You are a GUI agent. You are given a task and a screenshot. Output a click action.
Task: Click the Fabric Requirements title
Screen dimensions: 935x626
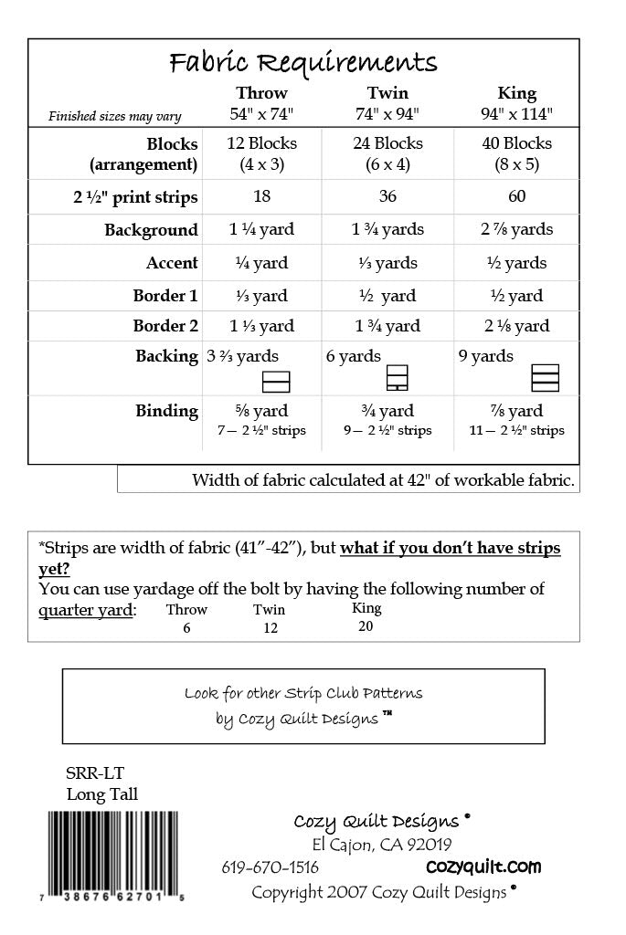pyautogui.click(x=303, y=63)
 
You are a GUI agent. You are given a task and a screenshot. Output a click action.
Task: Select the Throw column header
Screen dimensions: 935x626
pyautogui.click(x=261, y=93)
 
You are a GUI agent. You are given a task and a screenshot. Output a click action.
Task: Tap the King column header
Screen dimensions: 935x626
pyautogui.click(x=516, y=93)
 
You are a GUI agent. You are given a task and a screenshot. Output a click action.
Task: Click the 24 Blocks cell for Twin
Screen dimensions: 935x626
pyautogui.click(x=387, y=143)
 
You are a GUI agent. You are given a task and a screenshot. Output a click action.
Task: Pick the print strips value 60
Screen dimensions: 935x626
pyautogui.click(x=516, y=197)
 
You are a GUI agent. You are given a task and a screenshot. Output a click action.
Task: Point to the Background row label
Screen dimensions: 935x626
pyautogui.click(x=151, y=230)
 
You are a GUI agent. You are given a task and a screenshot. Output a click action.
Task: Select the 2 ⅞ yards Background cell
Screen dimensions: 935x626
pyautogui.click(x=516, y=230)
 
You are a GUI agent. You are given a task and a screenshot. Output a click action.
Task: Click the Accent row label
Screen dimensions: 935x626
pyautogui.click(x=172, y=263)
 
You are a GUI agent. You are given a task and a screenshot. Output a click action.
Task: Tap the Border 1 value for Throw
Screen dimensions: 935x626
pyautogui.click(x=261, y=296)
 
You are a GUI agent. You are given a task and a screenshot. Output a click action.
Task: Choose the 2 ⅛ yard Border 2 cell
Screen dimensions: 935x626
pyautogui.click(x=516, y=326)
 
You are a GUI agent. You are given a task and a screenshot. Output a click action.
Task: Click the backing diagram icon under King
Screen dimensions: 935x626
pyautogui.click(x=545, y=376)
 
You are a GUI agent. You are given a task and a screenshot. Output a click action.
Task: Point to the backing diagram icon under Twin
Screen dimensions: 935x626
pyautogui.click(x=398, y=377)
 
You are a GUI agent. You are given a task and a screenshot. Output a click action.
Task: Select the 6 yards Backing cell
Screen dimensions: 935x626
pyautogui.click(x=354, y=356)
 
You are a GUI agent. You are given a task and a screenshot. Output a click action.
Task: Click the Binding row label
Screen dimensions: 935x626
pyautogui.click(x=167, y=411)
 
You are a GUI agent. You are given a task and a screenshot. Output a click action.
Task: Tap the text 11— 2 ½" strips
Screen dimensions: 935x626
pyautogui.click(x=516, y=431)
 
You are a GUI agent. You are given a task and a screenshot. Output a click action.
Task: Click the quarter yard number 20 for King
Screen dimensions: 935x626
pyautogui.click(x=366, y=626)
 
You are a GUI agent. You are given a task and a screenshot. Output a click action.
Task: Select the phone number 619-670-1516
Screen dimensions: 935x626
pyautogui.click(x=270, y=867)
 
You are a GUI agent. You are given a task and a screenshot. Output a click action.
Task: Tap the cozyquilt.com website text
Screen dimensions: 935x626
pyautogui.click(x=483, y=867)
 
